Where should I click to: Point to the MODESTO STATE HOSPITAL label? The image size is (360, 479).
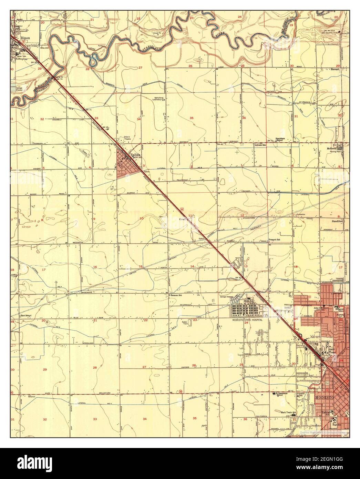(247, 320)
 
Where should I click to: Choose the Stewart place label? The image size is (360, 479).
(335, 69)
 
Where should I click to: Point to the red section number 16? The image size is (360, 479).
(95, 267)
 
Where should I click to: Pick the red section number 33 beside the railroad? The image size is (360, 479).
(96, 118)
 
